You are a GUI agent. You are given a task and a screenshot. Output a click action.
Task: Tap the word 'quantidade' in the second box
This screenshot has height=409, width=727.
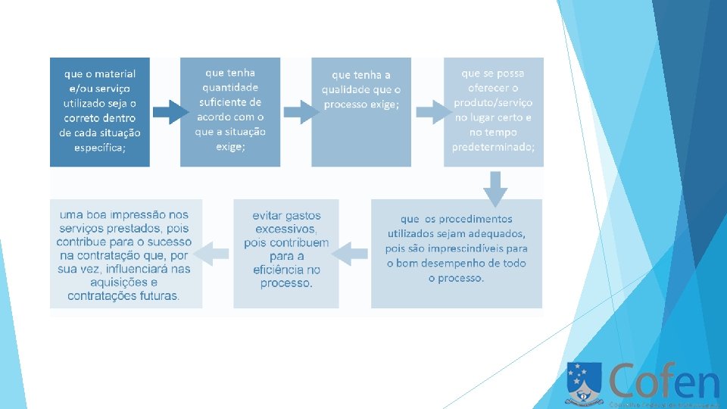[x=230, y=87]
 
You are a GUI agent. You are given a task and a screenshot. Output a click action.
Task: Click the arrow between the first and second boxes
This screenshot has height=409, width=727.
[x=170, y=113]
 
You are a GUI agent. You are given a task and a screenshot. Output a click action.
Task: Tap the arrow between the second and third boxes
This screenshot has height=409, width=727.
[x=300, y=112]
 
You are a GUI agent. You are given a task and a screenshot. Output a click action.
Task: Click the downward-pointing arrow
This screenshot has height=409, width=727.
[x=495, y=188]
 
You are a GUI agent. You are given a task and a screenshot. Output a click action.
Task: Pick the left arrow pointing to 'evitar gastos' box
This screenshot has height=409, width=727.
[x=349, y=254]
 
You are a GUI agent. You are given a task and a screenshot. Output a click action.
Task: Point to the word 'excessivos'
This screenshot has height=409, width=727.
[x=285, y=229]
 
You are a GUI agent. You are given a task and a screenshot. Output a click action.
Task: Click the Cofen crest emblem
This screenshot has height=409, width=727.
[x=583, y=382]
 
